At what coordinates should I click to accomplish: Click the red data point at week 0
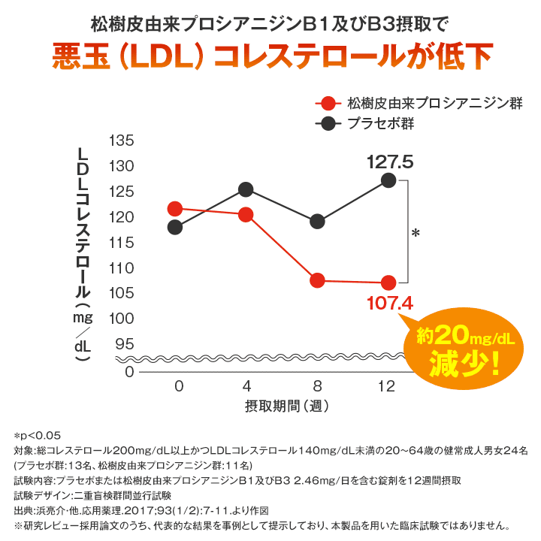point(175,208)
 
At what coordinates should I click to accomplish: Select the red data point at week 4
point(246,215)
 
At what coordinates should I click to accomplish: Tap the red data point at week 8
point(317,280)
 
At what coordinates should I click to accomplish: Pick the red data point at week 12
point(388,283)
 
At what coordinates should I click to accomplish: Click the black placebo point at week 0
point(175,227)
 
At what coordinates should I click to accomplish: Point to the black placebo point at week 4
point(246,189)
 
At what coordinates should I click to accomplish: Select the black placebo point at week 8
point(317,221)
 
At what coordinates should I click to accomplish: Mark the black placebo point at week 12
point(388,180)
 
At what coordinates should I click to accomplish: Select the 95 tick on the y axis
point(124,344)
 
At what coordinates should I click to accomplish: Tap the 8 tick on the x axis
point(317,386)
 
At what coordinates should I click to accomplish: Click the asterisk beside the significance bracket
point(416,234)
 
